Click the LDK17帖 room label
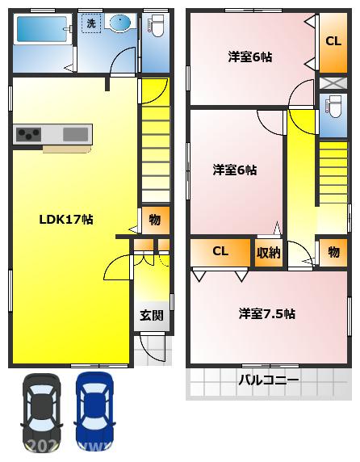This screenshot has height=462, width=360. click(66, 219)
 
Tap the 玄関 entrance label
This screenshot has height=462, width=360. click(150, 316)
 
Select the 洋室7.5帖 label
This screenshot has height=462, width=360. click(266, 313)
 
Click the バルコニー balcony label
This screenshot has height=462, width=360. click(268, 380)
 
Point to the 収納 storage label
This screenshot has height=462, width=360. click(268, 252)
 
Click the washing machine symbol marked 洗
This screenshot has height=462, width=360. click(90, 24)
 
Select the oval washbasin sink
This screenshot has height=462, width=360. click(121, 23)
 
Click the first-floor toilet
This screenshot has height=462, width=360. click(157, 32)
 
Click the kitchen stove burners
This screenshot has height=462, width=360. click(28, 134)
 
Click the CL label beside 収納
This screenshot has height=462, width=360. click(220, 251)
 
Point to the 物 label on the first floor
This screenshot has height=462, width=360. click(155, 220)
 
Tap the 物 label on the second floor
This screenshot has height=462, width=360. click(333, 252)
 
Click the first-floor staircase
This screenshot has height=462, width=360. click(156, 153)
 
